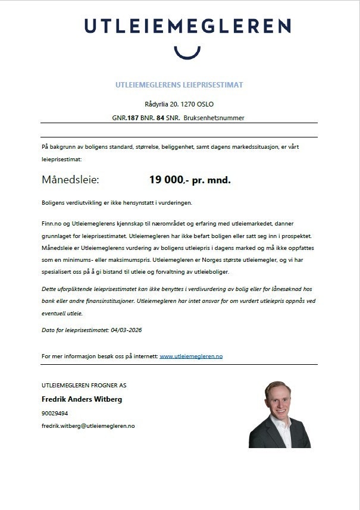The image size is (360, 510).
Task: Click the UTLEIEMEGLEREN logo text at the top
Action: (x=187, y=26)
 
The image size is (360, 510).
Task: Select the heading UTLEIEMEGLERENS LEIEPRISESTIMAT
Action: (x=179, y=85)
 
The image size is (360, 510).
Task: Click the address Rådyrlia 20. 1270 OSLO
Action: (x=179, y=104)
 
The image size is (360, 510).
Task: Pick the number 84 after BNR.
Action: (x=160, y=118)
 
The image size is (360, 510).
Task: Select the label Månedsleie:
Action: (x=70, y=180)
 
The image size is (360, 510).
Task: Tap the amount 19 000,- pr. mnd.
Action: (x=189, y=180)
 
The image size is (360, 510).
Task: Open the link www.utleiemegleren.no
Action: (x=191, y=356)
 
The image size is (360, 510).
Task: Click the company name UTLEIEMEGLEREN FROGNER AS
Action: (x=84, y=385)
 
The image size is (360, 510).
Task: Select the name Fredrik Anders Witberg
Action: (x=82, y=399)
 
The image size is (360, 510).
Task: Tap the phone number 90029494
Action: (x=55, y=413)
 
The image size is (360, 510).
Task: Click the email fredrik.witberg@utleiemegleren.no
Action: (x=88, y=426)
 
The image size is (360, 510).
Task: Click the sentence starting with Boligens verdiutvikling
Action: (x=117, y=203)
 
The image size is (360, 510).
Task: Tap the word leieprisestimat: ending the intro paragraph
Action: (x=62, y=159)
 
